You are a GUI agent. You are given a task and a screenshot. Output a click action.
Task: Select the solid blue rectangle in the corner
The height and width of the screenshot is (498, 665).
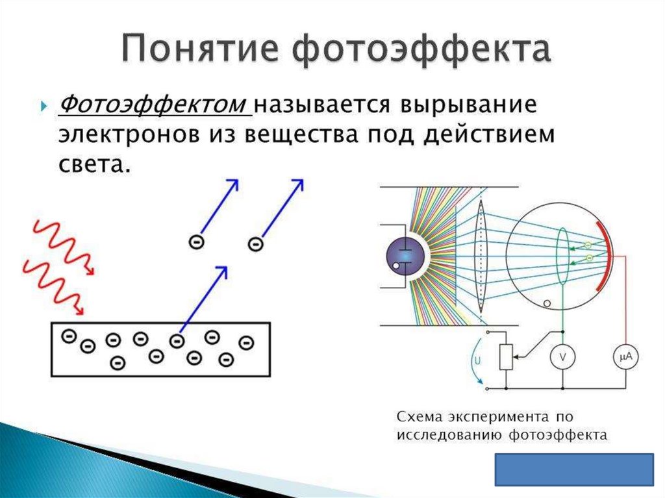point(574,469)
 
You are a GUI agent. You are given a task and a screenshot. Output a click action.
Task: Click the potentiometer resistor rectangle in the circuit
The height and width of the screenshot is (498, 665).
point(507,357)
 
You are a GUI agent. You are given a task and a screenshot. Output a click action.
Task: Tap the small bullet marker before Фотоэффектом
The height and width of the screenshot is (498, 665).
point(44,106)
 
